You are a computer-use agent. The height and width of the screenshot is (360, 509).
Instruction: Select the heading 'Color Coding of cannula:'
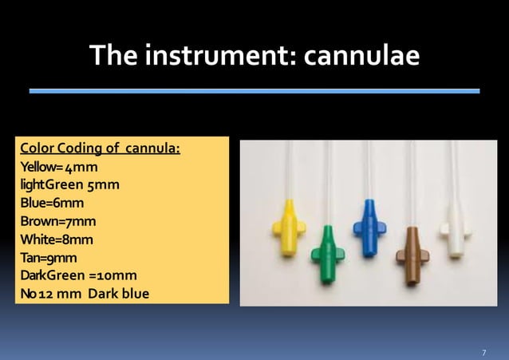(100, 149)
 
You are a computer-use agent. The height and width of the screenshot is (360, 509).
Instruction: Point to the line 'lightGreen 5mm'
(70, 186)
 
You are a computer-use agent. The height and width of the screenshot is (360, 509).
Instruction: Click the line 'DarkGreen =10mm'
(78, 275)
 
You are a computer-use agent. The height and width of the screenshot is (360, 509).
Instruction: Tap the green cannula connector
(327, 253)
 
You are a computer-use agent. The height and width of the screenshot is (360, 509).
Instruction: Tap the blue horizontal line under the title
(254, 91)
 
